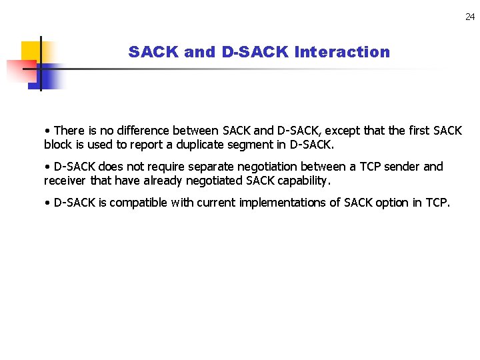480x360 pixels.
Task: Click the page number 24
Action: pyautogui.click(x=470, y=17)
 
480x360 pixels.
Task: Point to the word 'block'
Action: pyautogui.click(x=58, y=144)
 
